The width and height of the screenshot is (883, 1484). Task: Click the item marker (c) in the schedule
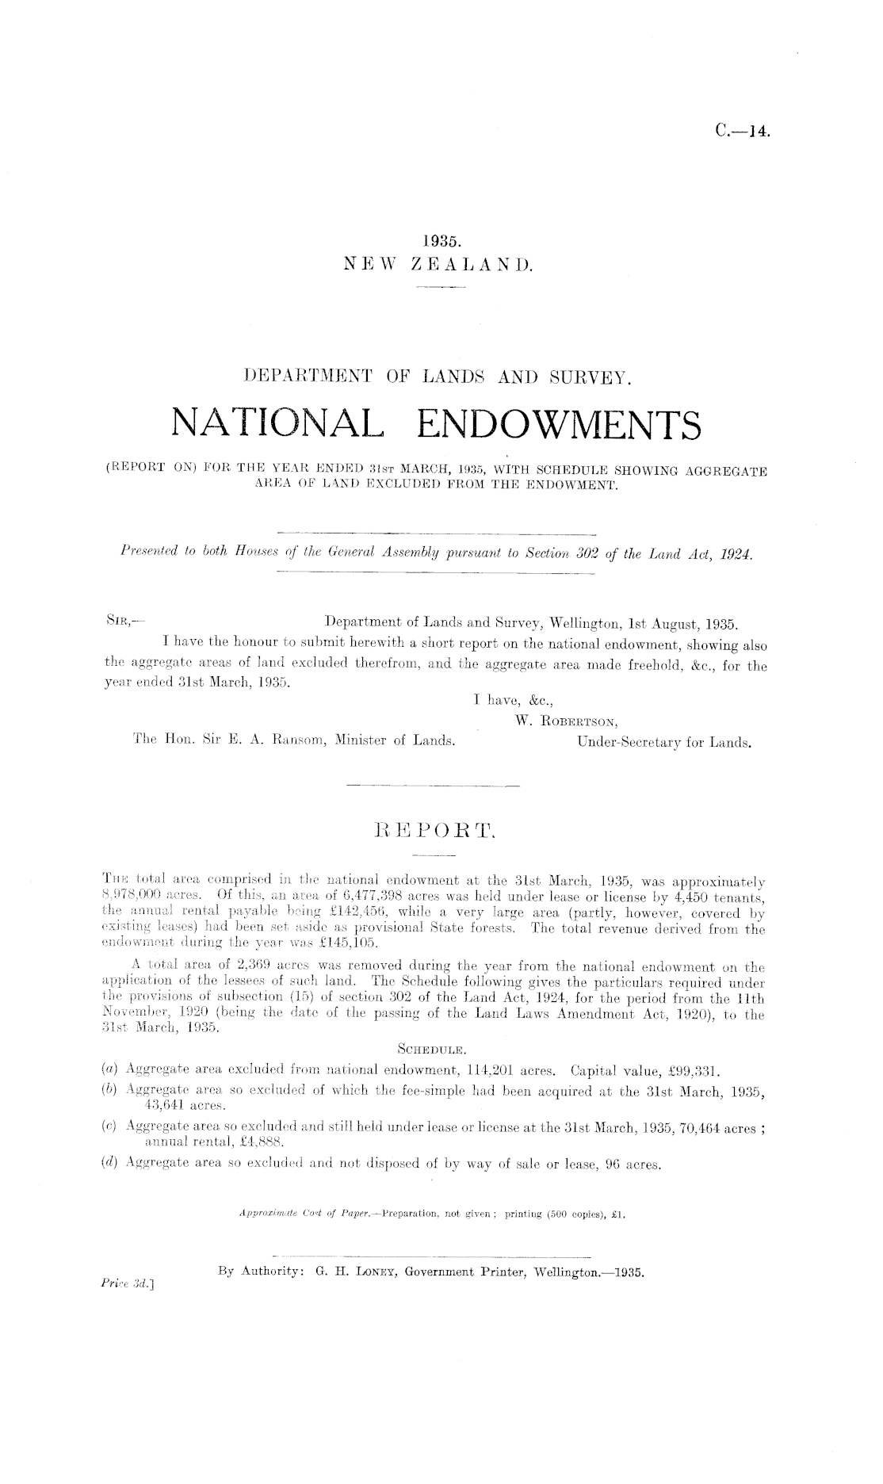(114, 1127)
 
